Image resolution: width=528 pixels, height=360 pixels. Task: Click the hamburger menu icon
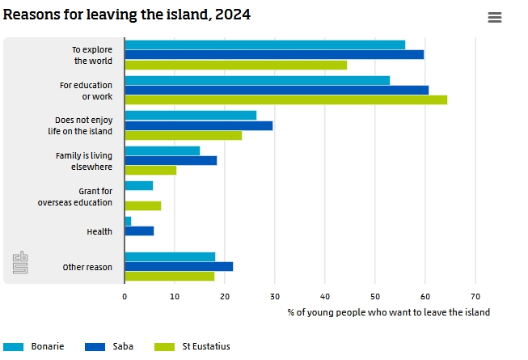tap(495, 17)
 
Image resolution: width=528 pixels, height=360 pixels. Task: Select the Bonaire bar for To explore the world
tap(264, 44)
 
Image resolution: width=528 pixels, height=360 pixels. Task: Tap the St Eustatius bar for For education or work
tap(285, 100)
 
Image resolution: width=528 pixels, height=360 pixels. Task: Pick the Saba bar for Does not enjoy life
tap(198, 125)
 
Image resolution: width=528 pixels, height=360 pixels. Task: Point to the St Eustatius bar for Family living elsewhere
tap(150, 170)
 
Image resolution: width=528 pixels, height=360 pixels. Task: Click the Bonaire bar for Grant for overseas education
tap(138, 185)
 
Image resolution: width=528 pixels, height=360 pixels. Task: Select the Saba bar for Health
tap(139, 231)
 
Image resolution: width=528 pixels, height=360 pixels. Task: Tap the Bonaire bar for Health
tap(128, 221)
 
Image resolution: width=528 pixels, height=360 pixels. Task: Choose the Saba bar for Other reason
tap(179, 266)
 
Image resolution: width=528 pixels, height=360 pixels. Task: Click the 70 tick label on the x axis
tap(475, 297)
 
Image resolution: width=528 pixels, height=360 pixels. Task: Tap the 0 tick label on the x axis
tap(125, 297)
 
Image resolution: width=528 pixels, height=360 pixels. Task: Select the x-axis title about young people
tap(388, 312)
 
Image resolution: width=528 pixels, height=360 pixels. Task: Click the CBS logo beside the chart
tap(20, 263)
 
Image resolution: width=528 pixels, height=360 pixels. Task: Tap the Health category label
tap(99, 232)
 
